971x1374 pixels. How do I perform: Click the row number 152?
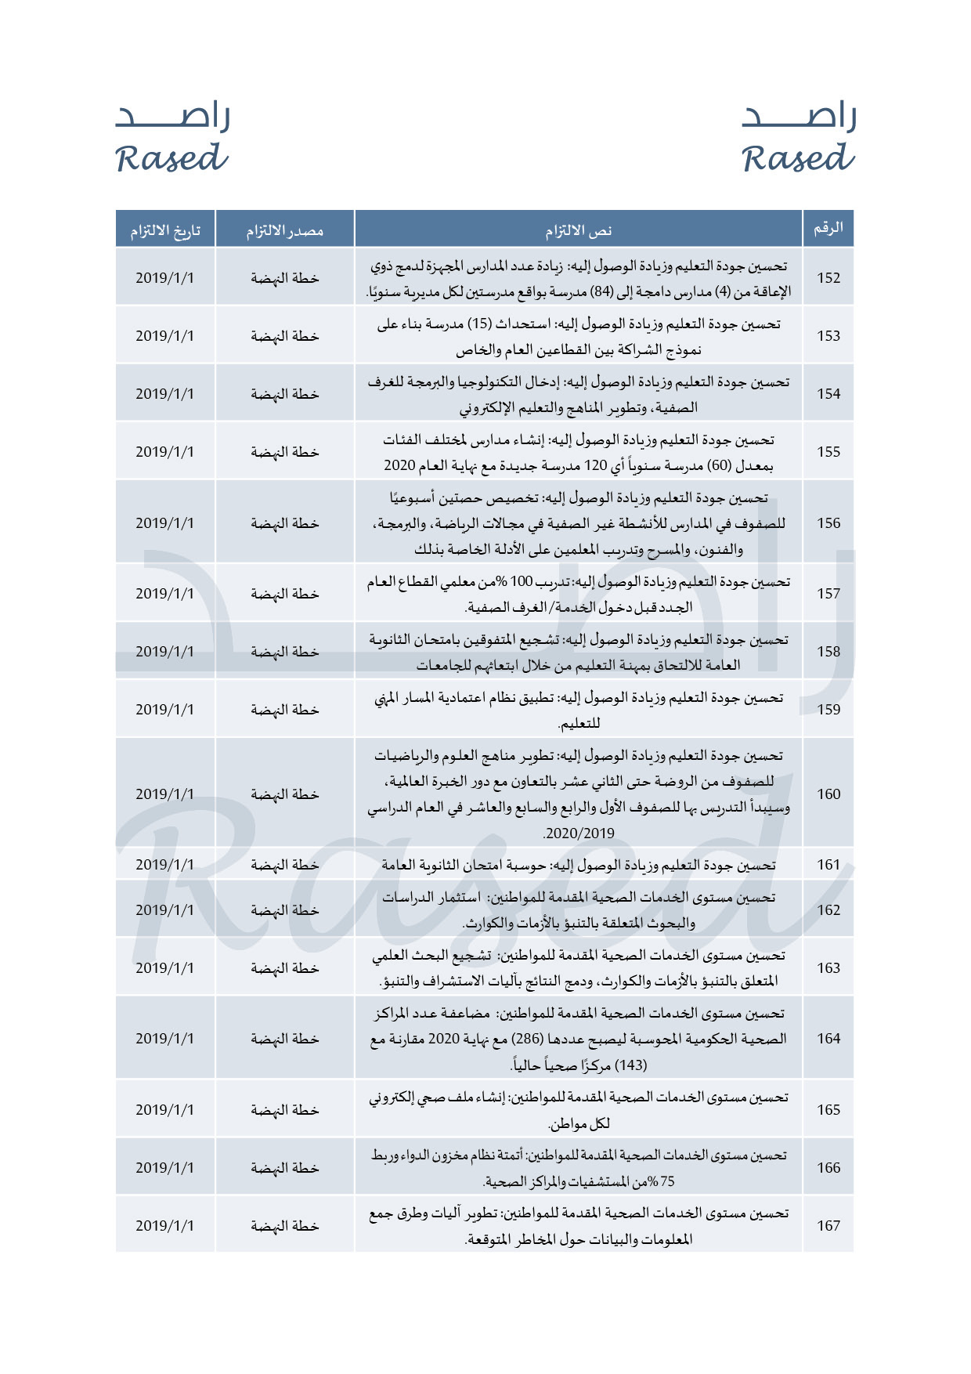828,278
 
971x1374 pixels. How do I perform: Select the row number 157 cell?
828,594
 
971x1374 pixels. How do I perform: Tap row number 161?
828,865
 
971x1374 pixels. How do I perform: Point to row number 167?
828,1226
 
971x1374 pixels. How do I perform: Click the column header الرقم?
828,229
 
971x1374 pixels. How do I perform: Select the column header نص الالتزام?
578,230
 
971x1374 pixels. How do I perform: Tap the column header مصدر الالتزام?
284,230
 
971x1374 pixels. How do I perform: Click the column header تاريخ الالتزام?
164,230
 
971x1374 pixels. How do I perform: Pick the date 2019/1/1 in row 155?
164,452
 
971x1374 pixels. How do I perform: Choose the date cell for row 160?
164,794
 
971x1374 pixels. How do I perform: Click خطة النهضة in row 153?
284,336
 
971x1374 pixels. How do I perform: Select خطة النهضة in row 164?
284,1039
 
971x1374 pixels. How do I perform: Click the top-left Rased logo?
172,138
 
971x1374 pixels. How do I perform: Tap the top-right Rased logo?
799,138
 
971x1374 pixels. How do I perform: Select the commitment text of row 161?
578,865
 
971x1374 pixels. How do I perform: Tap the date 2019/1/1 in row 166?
164,1168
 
